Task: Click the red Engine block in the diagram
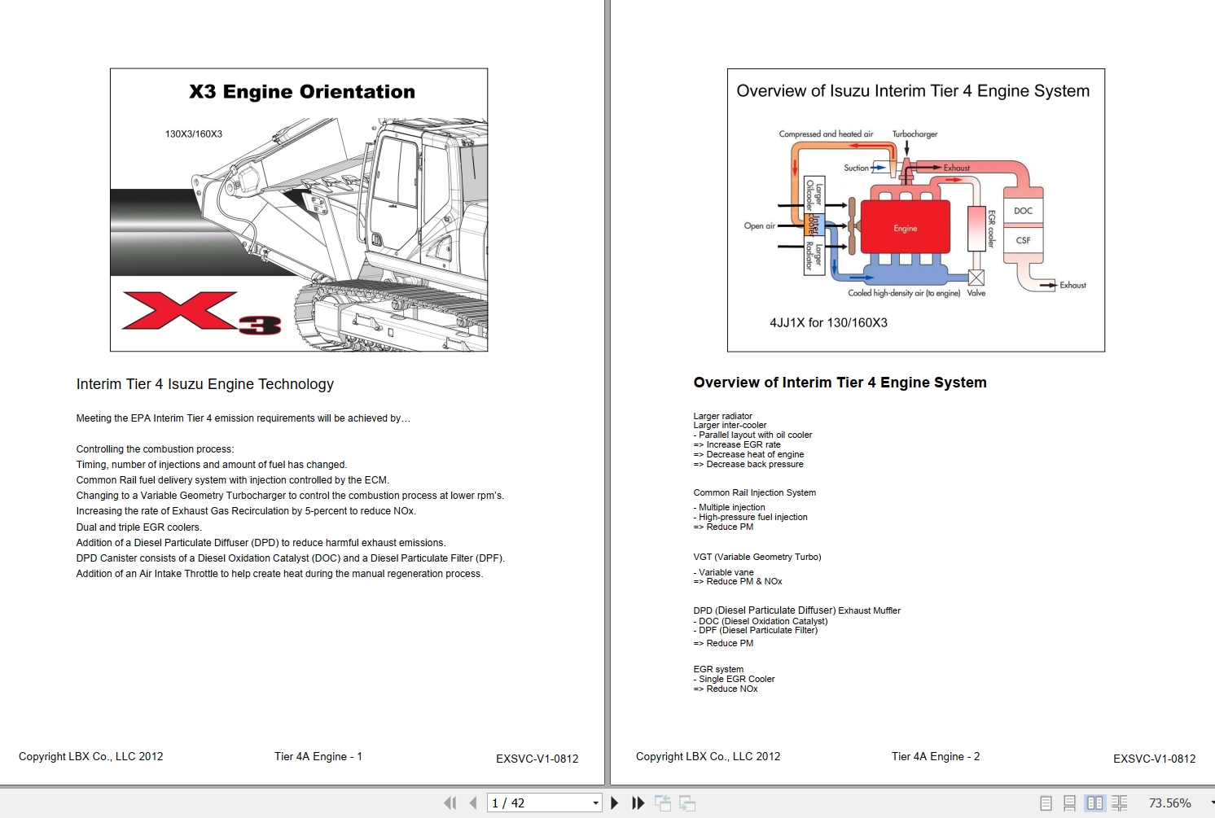(905, 226)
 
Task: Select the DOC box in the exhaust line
(1023, 211)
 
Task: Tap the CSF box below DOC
(1023, 240)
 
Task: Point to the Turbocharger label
(915, 134)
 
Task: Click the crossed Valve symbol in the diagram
(976, 278)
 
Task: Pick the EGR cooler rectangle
(976, 228)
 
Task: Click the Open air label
(759, 226)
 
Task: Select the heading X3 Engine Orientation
(302, 92)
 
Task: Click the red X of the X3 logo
(179, 311)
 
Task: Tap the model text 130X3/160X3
(194, 134)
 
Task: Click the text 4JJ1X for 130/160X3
(828, 323)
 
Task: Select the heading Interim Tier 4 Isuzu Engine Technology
(205, 384)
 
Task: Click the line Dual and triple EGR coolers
(138, 527)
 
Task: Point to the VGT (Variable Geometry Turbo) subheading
(757, 558)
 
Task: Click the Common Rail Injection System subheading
(754, 493)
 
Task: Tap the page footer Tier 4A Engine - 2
(935, 757)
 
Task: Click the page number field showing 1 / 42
(537, 803)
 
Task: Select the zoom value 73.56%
(1169, 803)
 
